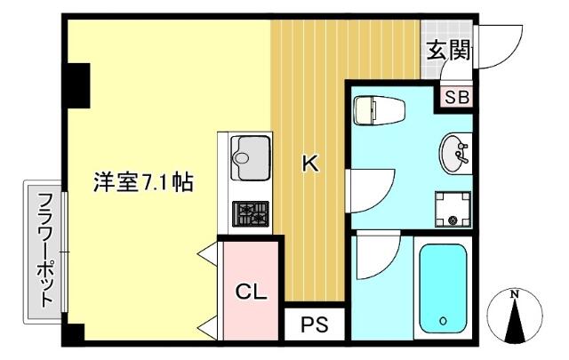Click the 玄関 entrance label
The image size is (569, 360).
point(448,50)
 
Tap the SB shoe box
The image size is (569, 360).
point(457,97)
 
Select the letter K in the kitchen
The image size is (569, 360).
point(310,164)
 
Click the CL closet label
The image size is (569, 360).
point(251,291)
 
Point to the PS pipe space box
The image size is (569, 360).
point(314,324)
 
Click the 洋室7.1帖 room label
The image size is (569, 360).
point(143,181)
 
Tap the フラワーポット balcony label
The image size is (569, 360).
point(45,250)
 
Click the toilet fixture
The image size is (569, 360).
point(380,110)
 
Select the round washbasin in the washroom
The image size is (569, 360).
point(453,154)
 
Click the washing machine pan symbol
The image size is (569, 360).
point(453,210)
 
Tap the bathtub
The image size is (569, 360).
point(443,289)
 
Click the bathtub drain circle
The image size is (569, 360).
point(443,320)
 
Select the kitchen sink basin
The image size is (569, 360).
point(251,158)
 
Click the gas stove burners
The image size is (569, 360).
point(251,213)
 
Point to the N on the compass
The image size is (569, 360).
point(514,294)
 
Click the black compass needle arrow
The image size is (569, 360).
point(515,323)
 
